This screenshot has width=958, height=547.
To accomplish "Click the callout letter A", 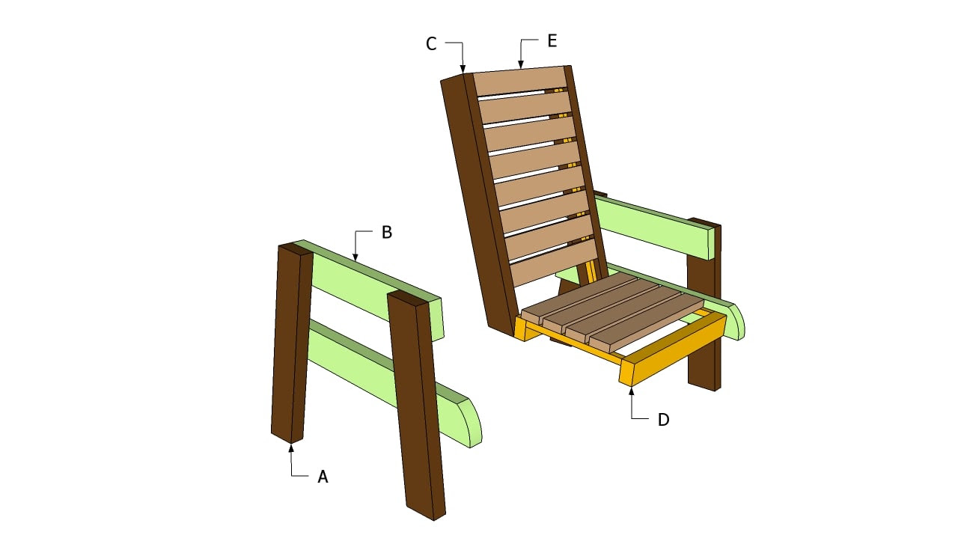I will point(323,476).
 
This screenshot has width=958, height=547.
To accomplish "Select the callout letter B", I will point(386,232).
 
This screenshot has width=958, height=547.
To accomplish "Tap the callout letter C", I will point(431,44).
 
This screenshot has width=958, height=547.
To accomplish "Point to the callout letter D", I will point(663,420).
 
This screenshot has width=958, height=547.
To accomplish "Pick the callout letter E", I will point(552,40).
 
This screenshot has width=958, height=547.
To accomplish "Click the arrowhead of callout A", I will point(291,447).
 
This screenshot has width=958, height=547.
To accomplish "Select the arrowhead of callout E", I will point(521,67).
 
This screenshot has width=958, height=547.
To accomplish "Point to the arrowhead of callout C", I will point(463,70).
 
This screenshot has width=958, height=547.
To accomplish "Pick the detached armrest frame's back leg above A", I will point(290,344).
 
